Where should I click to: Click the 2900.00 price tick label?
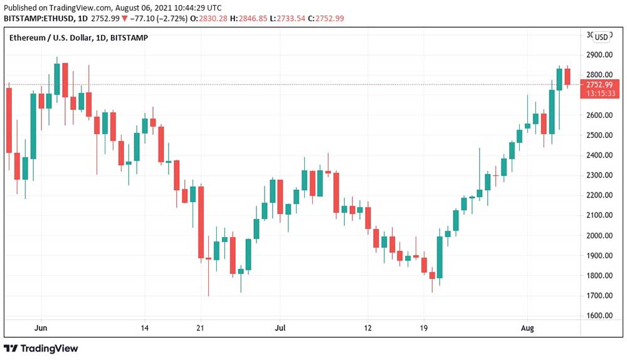[x=598, y=55]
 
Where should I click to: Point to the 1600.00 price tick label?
[x=598, y=315]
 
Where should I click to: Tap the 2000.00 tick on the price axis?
[x=598, y=235]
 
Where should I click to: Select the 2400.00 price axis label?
[x=598, y=155]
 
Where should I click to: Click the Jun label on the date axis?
[x=41, y=328]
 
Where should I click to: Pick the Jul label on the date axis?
[x=280, y=328]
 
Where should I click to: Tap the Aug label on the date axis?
[x=527, y=328]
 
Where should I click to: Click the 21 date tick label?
[x=201, y=328]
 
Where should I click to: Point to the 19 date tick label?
[x=424, y=328]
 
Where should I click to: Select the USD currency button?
[x=601, y=36]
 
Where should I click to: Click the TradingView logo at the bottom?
[x=41, y=348]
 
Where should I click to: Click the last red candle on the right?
[x=567, y=77]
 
